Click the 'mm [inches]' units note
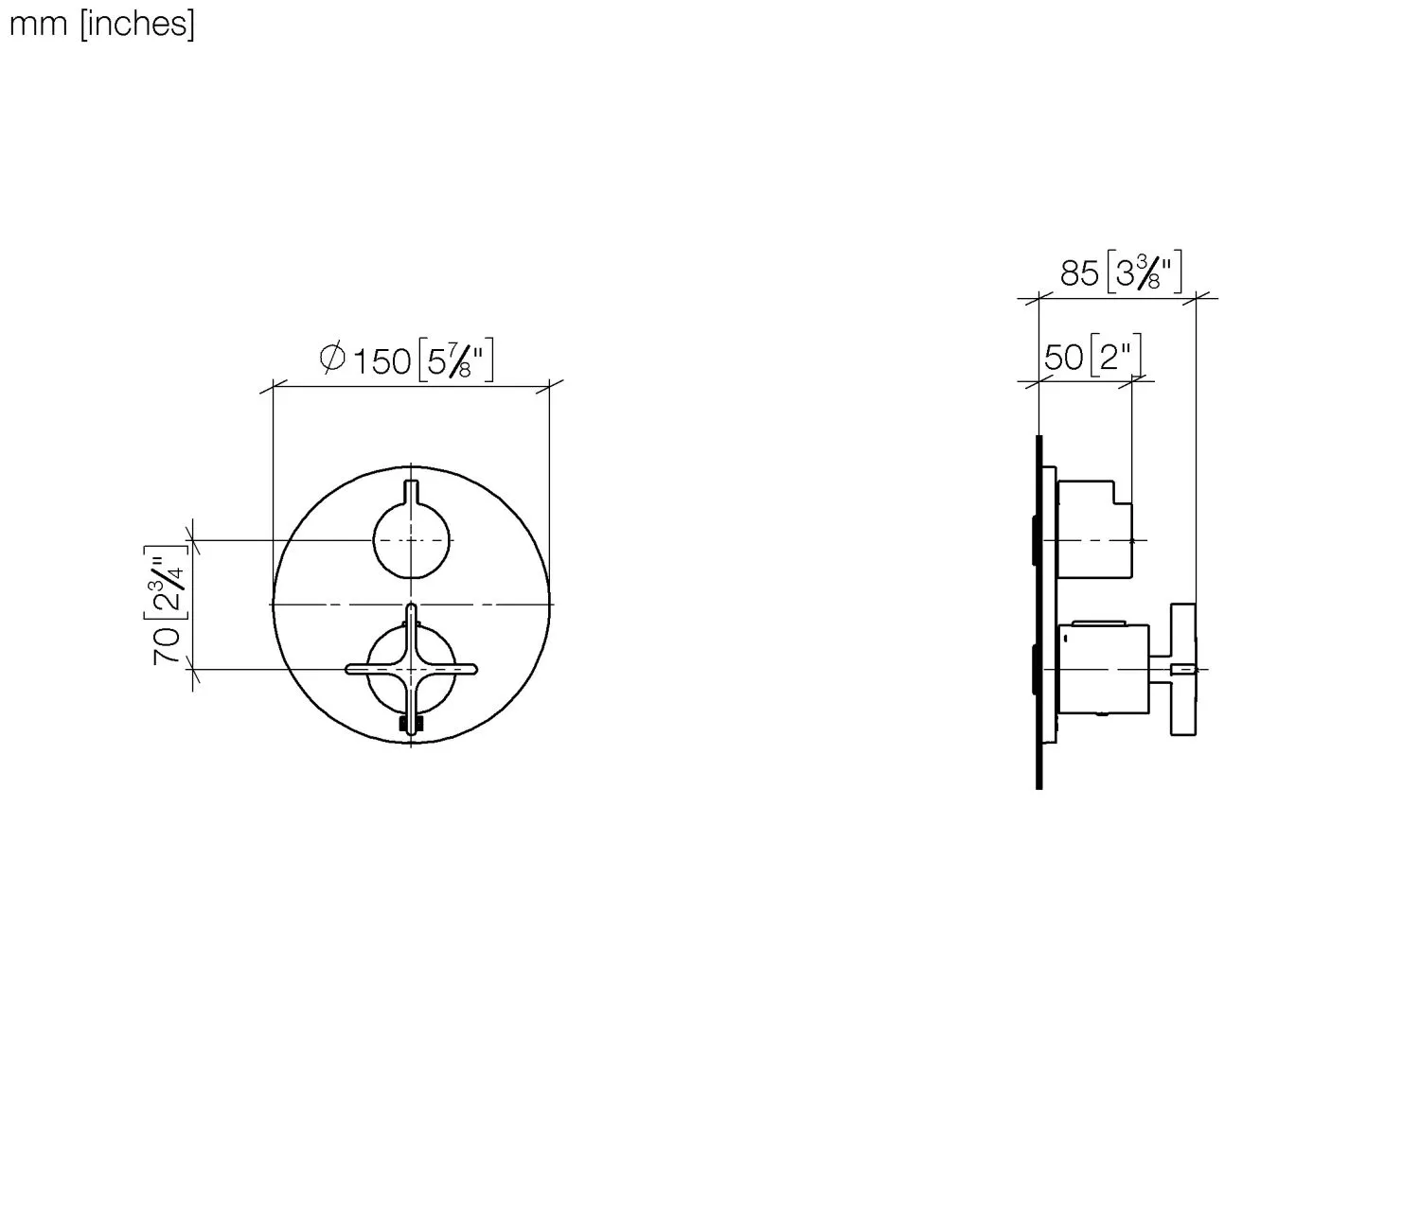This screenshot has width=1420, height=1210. pyautogui.click(x=101, y=24)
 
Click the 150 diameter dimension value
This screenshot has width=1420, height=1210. pyautogui.click(x=382, y=361)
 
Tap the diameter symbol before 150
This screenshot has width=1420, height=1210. pyautogui.click(x=331, y=359)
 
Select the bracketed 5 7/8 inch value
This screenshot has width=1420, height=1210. pyautogui.click(x=455, y=360)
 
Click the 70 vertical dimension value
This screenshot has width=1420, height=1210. pyautogui.click(x=168, y=644)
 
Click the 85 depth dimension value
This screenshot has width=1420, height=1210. pyautogui.click(x=1078, y=274)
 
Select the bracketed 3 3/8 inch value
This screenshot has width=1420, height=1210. pyautogui.click(x=1145, y=273)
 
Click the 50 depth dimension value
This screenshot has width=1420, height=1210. pyautogui.click(x=1063, y=358)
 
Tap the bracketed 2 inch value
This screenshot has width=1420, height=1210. pyautogui.click(x=1115, y=357)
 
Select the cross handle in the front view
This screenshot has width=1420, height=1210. pyautogui.click(x=411, y=669)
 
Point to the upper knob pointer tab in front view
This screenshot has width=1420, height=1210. pyautogui.click(x=411, y=492)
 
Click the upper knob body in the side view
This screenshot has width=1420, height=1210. pyautogui.click(x=1093, y=530)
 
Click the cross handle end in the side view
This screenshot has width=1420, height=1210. pyautogui.click(x=1183, y=669)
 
